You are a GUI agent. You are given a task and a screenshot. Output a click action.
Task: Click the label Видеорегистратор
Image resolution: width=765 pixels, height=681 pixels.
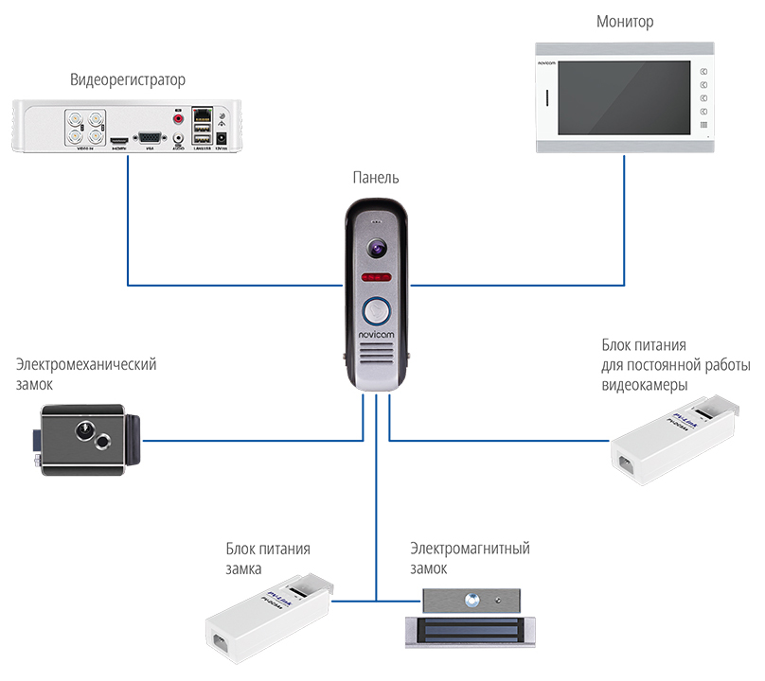(128, 79)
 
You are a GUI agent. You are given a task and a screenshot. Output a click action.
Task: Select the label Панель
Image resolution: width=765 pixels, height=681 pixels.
(377, 178)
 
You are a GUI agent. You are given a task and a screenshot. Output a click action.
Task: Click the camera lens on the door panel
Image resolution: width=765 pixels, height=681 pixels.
(376, 249)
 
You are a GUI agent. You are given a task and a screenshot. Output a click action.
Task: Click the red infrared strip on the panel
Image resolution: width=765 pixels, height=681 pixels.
(376, 278)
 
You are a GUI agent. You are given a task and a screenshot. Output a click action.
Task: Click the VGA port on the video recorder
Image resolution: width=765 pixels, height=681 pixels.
(149, 138)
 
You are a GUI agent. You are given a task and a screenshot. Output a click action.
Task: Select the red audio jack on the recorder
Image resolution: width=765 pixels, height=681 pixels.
(177, 118)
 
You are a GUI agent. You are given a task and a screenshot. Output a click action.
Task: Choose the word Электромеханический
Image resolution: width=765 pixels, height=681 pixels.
(86, 365)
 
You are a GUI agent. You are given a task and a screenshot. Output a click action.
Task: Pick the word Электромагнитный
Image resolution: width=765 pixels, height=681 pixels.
(470, 549)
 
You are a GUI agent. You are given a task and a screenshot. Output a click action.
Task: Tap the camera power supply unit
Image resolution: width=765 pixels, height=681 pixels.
(673, 441)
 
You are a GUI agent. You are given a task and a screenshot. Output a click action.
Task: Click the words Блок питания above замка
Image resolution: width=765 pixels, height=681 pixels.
(268, 549)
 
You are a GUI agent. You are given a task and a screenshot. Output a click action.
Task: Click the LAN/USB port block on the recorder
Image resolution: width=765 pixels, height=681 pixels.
(203, 126)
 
